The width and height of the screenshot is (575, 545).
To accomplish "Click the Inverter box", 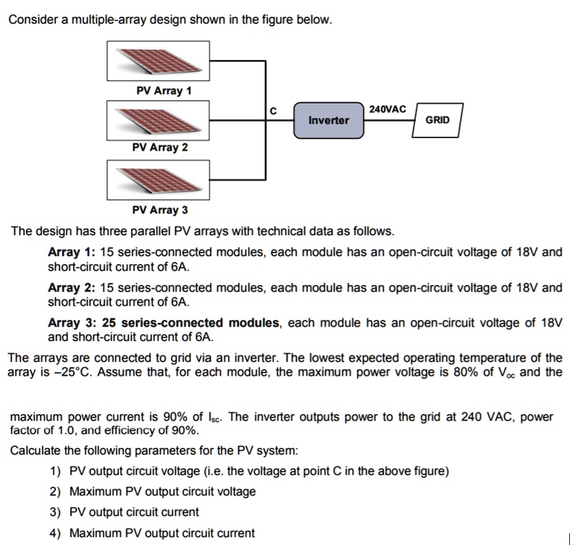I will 328,120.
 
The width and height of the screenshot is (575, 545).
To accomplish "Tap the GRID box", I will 437,119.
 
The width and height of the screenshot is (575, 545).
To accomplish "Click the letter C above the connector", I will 273,111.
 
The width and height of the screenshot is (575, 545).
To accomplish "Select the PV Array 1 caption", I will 164,91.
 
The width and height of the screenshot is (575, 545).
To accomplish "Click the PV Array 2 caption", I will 160,148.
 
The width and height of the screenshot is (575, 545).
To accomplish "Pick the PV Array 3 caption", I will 160,211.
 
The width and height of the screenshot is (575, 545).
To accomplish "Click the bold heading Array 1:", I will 71,253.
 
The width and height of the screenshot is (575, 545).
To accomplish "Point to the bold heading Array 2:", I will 71,288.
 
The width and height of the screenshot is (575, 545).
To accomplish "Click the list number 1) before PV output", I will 56,472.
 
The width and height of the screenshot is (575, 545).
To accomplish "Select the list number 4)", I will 56,533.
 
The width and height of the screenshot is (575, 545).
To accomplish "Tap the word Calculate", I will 35,451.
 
